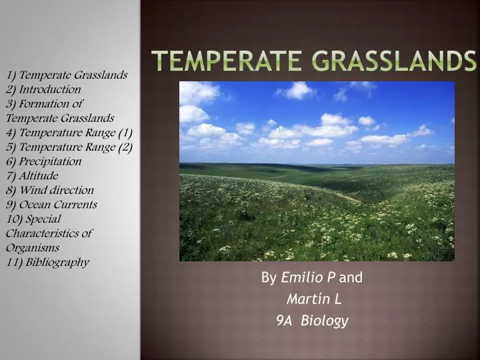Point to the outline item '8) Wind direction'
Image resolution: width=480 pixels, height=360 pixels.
pos(50,190)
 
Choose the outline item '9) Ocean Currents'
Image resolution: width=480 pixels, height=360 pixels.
pos(51,204)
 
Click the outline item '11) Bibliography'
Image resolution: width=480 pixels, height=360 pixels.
pos(47,262)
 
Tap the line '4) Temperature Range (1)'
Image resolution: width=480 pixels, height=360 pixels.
pos(69,132)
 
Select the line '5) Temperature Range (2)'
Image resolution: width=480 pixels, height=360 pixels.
pos(69,147)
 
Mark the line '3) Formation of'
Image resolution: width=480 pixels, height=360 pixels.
pos(44,103)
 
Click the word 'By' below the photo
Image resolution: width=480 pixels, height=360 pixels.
pos(269,277)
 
